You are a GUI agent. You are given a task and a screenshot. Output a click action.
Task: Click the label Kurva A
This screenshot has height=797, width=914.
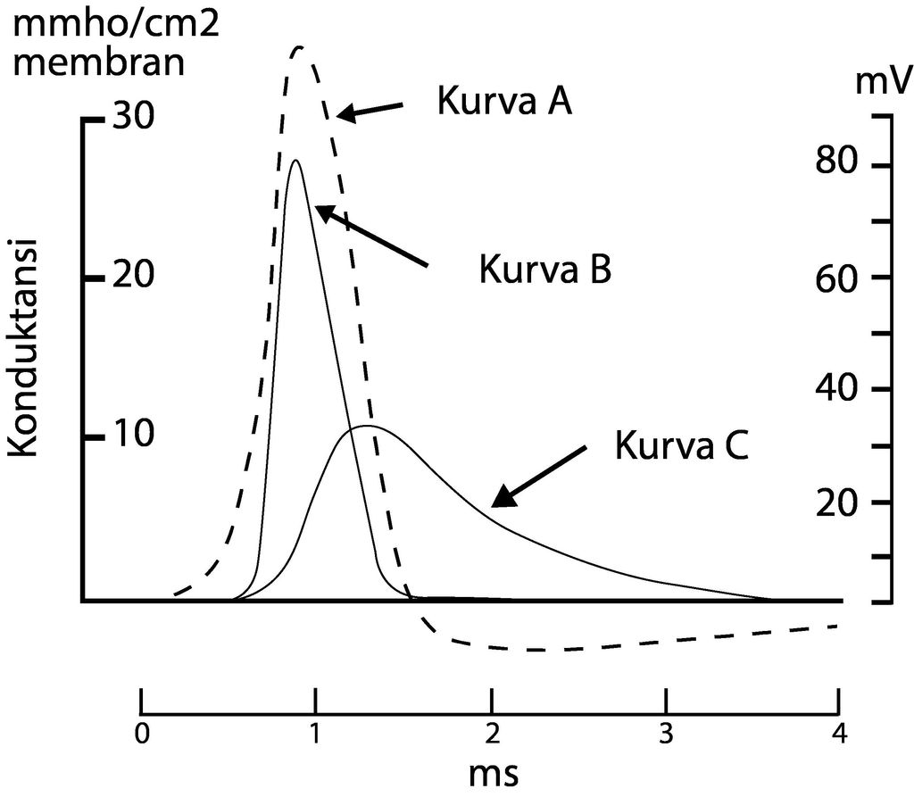pyautogui.click(x=503, y=101)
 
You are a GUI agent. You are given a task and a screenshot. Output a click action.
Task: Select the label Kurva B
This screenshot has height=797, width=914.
pyautogui.click(x=544, y=268)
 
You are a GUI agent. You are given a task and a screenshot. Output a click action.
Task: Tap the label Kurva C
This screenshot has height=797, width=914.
pyautogui.click(x=680, y=444)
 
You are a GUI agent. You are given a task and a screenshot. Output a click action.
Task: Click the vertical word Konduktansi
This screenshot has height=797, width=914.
pyautogui.click(x=29, y=347)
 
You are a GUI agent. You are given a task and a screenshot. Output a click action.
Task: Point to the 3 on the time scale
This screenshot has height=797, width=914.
pyautogui.click(x=664, y=735)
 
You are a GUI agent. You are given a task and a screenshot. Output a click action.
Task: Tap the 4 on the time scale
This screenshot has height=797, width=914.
pyautogui.click(x=837, y=735)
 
